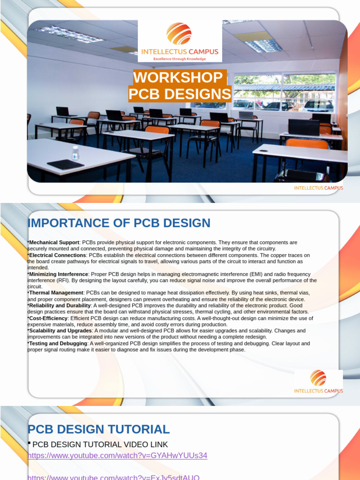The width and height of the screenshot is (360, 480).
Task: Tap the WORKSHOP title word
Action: click(x=178, y=78)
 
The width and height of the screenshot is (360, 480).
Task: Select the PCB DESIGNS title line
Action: click(x=180, y=94)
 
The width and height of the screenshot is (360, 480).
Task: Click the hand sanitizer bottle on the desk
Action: click(x=75, y=153)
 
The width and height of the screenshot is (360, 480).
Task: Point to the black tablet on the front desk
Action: click(x=66, y=164)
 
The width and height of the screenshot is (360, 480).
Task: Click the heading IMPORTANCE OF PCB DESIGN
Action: click(x=119, y=223)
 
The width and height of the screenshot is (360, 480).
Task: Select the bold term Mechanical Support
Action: click(x=54, y=242)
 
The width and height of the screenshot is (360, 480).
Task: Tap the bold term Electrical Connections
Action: click(x=58, y=255)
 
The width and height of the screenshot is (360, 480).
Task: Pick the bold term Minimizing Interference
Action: click(x=59, y=274)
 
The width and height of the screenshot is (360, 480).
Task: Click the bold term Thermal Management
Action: click(x=56, y=292)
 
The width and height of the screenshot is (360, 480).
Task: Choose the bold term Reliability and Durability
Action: click(x=60, y=305)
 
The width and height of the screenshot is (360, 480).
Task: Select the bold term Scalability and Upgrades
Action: click(x=60, y=330)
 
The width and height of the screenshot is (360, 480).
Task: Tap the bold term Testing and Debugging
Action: click(x=58, y=343)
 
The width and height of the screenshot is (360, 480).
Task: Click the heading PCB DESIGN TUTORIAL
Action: click(x=99, y=429)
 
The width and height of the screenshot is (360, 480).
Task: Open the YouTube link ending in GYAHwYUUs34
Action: click(x=117, y=456)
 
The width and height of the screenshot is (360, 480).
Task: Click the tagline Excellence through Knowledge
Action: click(x=180, y=59)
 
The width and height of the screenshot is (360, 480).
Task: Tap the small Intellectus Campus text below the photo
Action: click(x=318, y=188)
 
